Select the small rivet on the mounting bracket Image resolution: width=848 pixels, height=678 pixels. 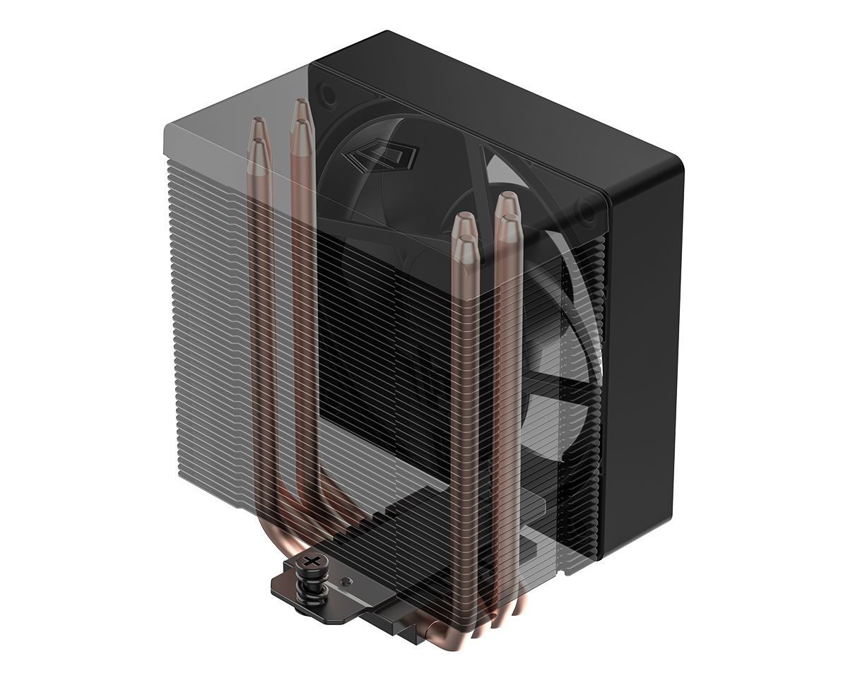click(343, 581)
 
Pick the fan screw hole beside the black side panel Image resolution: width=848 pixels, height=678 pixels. click(586, 208)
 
